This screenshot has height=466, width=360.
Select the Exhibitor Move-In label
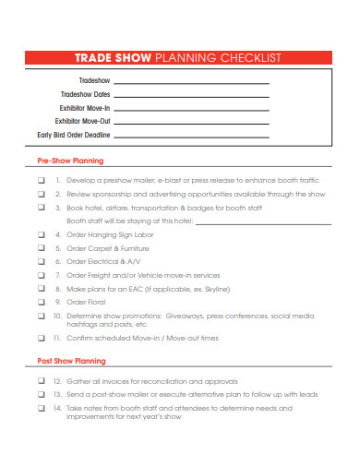click(x=82, y=108)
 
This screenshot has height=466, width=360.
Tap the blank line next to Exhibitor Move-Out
click(x=191, y=121)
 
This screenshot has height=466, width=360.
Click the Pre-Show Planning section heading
click(x=70, y=161)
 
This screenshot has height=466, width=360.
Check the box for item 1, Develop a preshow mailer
click(x=41, y=180)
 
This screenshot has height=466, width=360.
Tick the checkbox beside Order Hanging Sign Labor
click(x=41, y=234)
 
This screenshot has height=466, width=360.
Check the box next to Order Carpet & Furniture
click(x=41, y=248)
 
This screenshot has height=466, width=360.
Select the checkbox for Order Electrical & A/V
click(x=41, y=261)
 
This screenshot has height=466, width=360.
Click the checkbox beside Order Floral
click(x=41, y=302)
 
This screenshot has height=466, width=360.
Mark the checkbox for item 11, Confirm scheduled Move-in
click(x=41, y=338)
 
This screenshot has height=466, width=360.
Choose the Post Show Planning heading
click(x=71, y=361)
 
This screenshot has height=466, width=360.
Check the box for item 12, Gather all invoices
click(x=41, y=380)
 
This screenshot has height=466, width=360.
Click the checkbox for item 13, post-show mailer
click(x=41, y=394)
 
